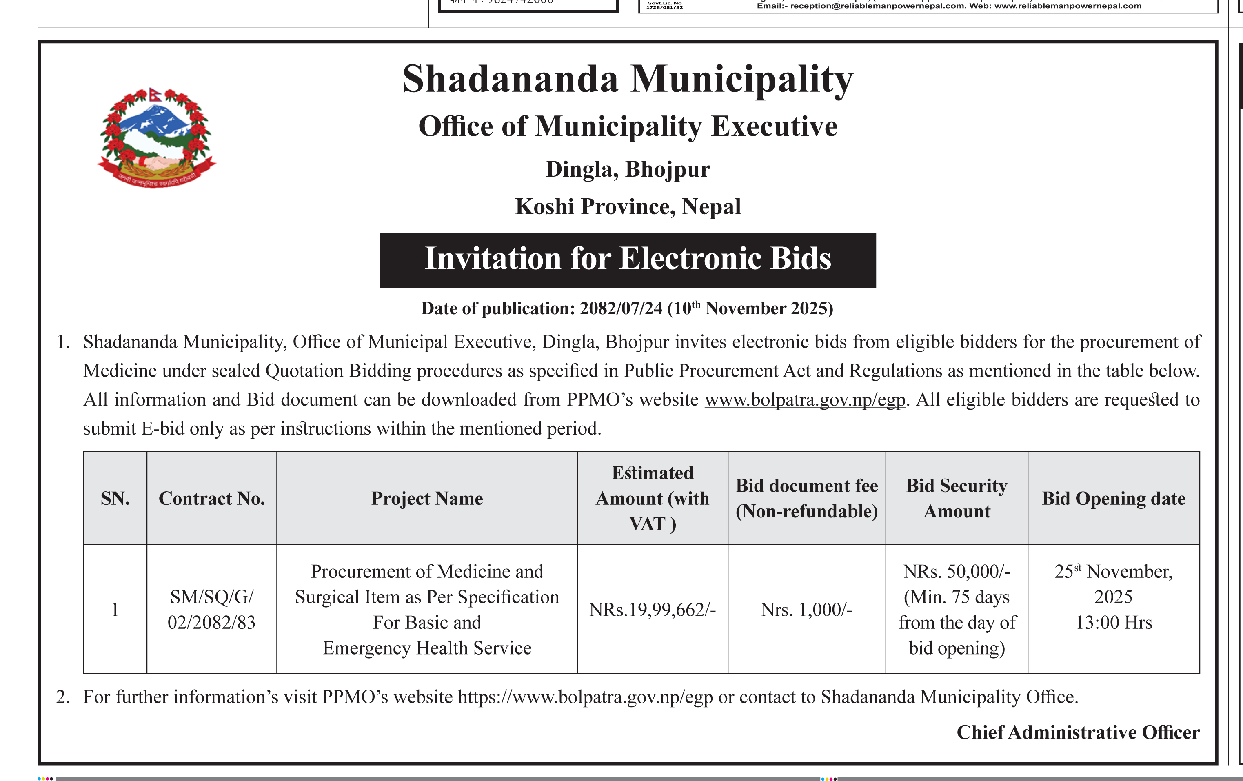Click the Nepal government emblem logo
pyautogui.click(x=156, y=137)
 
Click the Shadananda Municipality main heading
pyautogui.click(x=627, y=80)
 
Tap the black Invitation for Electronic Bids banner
pyautogui.click(x=627, y=260)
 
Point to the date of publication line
pyautogui.click(x=627, y=308)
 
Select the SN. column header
pyautogui.click(x=115, y=498)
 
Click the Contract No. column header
pyautogui.click(x=212, y=498)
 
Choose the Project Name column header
pyautogui.click(x=427, y=498)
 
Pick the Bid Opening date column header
pyautogui.click(x=1113, y=498)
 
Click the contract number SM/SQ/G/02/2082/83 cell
pyautogui.click(x=212, y=610)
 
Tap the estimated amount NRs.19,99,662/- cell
pyautogui.click(x=653, y=610)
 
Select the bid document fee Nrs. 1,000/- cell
pyautogui.click(x=806, y=610)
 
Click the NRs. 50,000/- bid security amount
pyautogui.click(x=957, y=571)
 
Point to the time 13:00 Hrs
pyautogui.click(x=1113, y=623)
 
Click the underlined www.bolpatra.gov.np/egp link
pyautogui.click(x=805, y=399)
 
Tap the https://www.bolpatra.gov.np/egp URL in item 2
pyautogui.click(x=585, y=697)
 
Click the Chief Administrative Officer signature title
pyautogui.click(x=1078, y=732)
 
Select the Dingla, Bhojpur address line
pyautogui.click(x=628, y=169)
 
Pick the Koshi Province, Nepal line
pyautogui.click(x=628, y=206)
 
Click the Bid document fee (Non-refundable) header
pyautogui.click(x=806, y=498)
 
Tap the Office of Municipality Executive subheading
pyautogui.click(x=628, y=126)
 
